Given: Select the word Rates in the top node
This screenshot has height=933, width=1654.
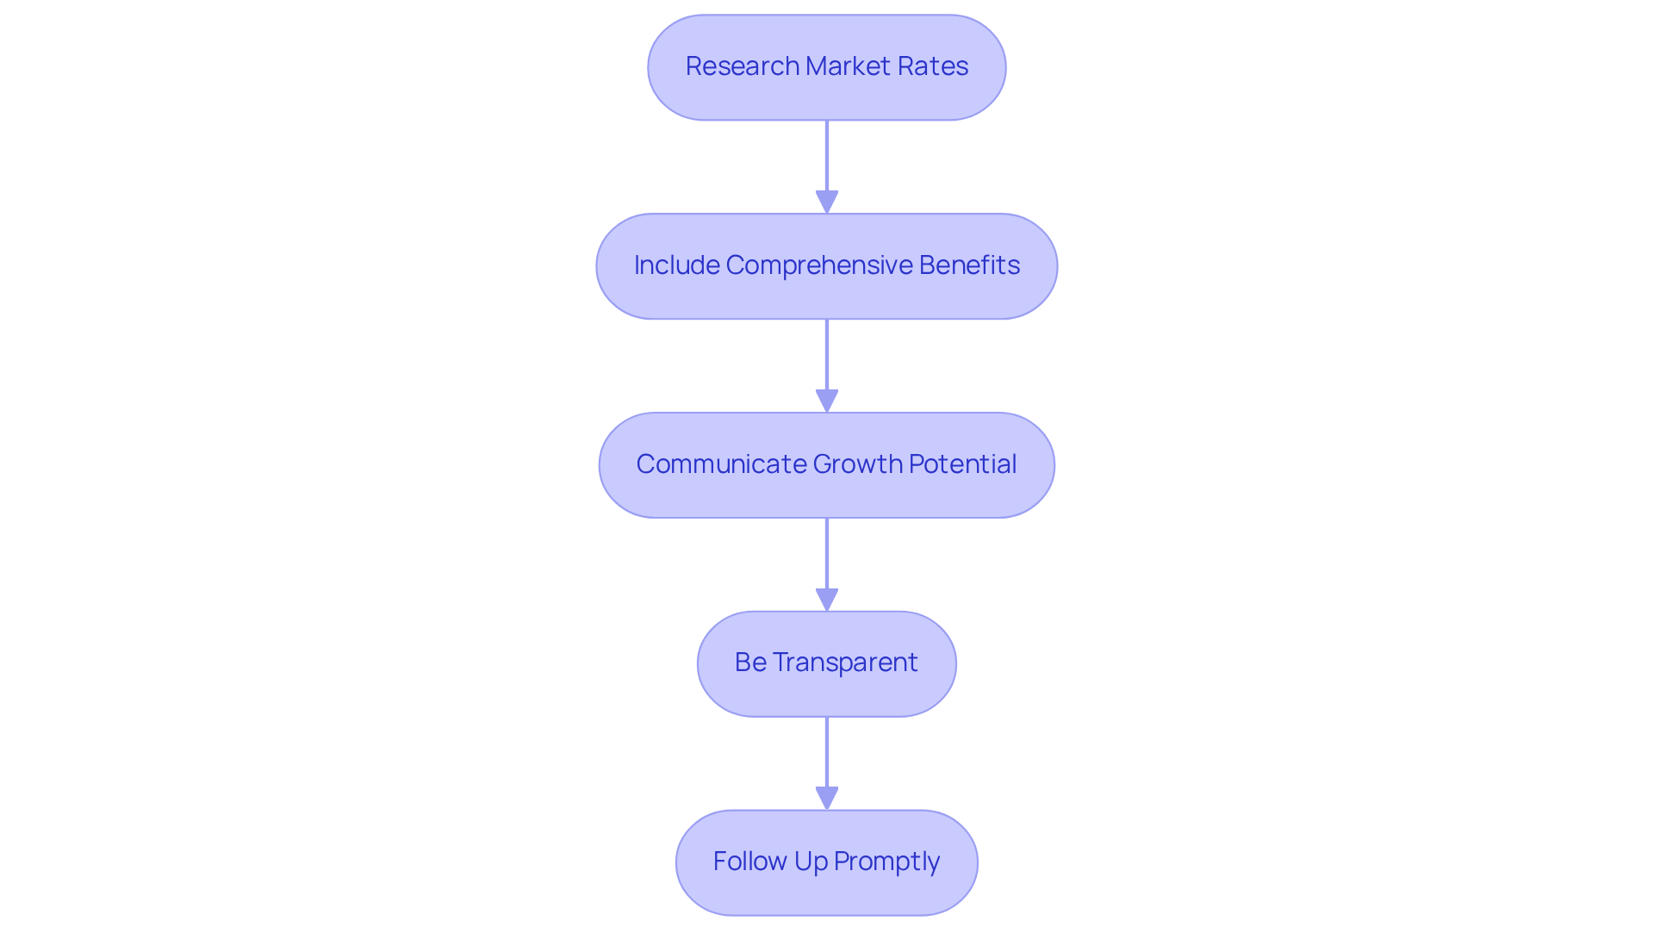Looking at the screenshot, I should (934, 66).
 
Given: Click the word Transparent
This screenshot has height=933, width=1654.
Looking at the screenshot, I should (845, 662).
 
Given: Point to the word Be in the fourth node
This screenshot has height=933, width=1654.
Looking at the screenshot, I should (750, 662).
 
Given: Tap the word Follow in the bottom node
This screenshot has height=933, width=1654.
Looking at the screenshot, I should (749, 861).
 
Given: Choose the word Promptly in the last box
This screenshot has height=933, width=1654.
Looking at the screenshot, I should (886, 861).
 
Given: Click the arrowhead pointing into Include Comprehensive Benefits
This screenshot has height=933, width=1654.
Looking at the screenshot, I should (827, 202).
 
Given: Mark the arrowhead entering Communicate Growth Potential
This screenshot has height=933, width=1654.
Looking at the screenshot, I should (827, 401).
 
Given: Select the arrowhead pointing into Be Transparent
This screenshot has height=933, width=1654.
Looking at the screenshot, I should (827, 600).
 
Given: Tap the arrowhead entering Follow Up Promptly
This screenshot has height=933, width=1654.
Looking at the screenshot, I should (827, 798).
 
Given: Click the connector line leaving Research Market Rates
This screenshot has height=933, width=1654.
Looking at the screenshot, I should (827, 155).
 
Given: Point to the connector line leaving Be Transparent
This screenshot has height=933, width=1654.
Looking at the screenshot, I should (827, 751).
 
